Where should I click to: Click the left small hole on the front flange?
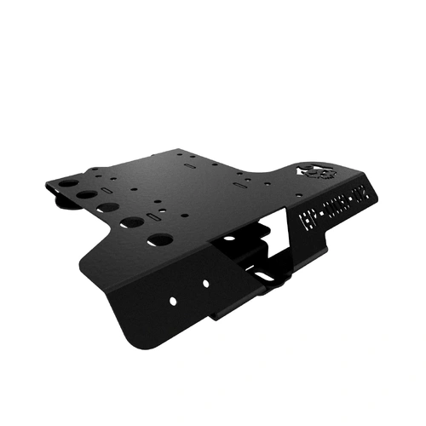(172, 301)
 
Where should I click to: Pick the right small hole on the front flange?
(206, 283)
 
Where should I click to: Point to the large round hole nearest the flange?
(159, 239)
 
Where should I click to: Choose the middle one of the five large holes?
(108, 209)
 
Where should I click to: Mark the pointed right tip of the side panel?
(376, 192)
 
